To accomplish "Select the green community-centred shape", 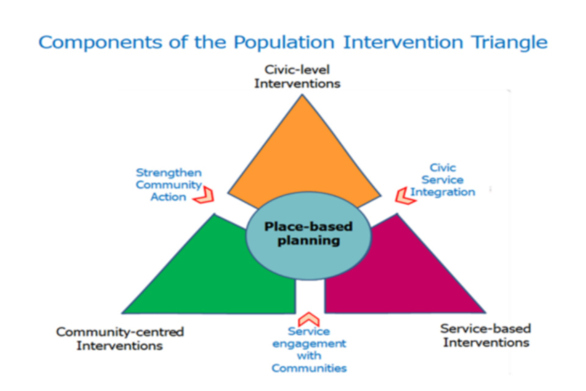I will click(201, 275).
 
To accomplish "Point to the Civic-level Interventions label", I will click(297, 76).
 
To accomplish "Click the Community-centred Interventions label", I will click(120, 338).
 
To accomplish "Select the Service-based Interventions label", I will click(486, 335).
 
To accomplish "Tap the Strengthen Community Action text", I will click(168, 185).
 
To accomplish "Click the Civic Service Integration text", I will click(443, 180).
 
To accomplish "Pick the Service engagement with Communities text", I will click(309, 349).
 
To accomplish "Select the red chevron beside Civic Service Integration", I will click(403, 195).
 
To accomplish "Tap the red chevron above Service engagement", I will click(309, 319).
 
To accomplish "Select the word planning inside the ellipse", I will click(309, 241).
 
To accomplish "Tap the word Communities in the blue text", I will click(309, 368).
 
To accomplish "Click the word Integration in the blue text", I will click(443, 192).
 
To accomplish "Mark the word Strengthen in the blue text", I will click(168, 173).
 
